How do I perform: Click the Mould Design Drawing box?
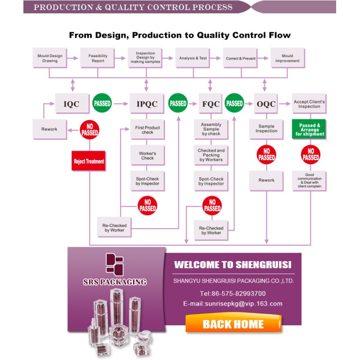[x=50, y=58]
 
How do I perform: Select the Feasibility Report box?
[x=98, y=58]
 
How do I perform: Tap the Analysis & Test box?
[x=193, y=58]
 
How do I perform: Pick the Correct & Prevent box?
[x=240, y=58]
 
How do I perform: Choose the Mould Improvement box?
[x=288, y=58]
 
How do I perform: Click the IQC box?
[x=72, y=103]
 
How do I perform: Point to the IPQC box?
[x=147, y=103]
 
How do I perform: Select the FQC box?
[x=211, y=103]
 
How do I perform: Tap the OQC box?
[x=266, y=103]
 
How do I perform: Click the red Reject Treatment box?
[x=89, y=161]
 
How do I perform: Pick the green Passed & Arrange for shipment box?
[x=309, y=129]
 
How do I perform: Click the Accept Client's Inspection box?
[x=309, y=103]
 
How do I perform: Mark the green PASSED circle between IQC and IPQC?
[x=102, y=103]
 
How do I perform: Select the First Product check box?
[x=148, y=130]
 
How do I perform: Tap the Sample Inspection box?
[x=266, y=129]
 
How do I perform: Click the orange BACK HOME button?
[x=233, y=323]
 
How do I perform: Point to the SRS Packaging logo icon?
[x=115, y=264]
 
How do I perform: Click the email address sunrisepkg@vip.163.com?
[x=243, y=303]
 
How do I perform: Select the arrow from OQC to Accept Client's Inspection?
[x=285, y=104]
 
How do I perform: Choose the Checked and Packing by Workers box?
[x=211, y=155]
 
